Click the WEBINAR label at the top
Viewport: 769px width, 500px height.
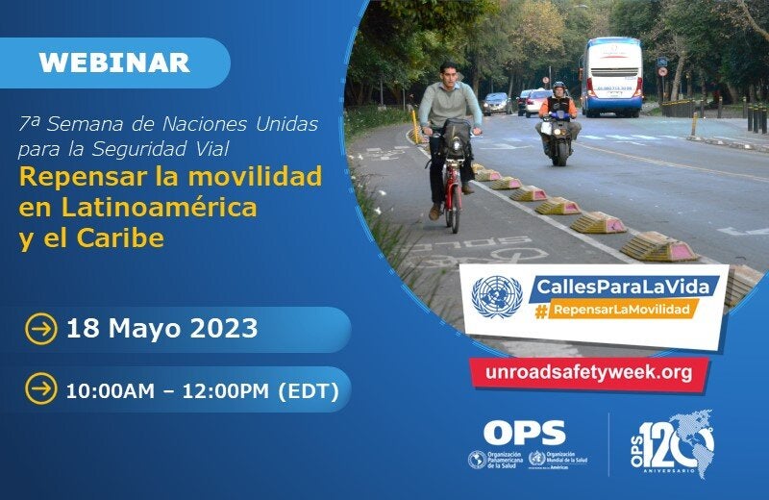pyautogui.click(x=114, y=62)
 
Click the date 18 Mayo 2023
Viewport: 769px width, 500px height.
pyautogui.click(x=161, y=329)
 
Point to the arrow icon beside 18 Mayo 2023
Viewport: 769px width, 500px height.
pyautogui.click(x=40, y=329)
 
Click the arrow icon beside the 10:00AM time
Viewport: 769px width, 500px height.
pyautogui.click(x=40, y=389)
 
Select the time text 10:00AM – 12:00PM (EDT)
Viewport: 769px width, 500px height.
pyautogui.click(x=202, y=390)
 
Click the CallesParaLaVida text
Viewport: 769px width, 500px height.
pyautogui.click(x=612, y=286)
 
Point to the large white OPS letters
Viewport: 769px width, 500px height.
pyautogui.click(x=524, y=433)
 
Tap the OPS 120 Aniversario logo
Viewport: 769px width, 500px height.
pyautogui.click(x=676, y=445)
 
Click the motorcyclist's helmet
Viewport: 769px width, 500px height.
pyautogui.click(x=558, y=88)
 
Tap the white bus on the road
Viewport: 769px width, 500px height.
pyautogui.click(x=611, y=76)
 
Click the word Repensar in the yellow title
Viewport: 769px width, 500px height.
pyautogui.click(x=78, y=178)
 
